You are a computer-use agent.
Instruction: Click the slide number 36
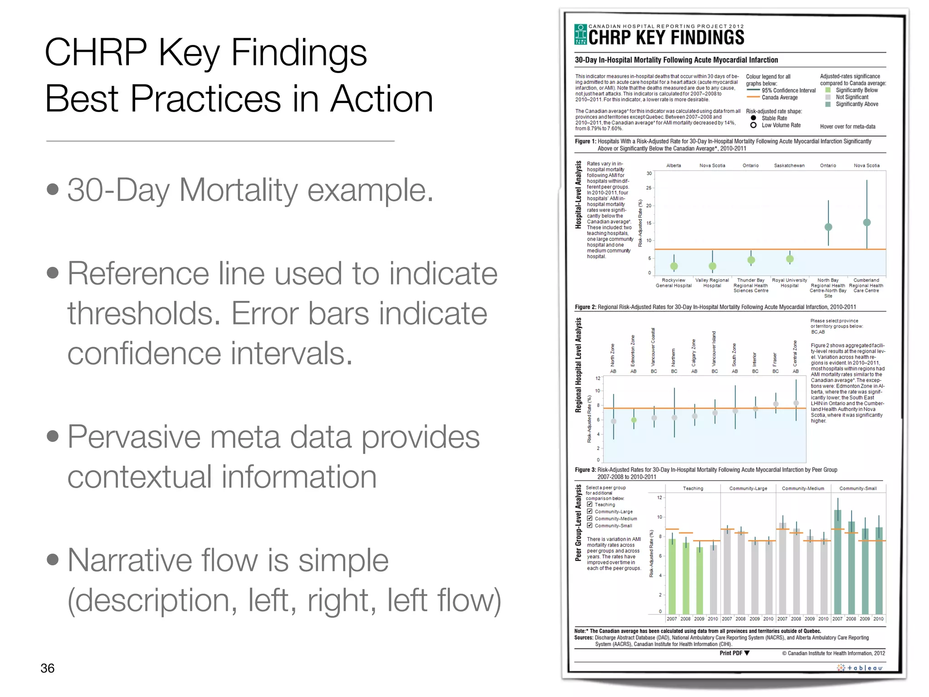(47, 668)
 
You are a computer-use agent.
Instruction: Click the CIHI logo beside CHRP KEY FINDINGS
(580, 34)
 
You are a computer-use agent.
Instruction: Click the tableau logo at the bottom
(860, 668)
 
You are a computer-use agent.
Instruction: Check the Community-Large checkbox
(590, 511)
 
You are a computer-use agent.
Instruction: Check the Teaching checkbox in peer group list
(590, 504)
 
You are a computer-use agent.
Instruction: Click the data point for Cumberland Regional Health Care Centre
(867, 222)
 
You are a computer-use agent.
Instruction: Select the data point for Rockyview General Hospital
(674, 266)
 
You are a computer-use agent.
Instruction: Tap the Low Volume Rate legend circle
(753, 125)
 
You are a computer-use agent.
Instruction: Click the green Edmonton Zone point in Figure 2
(634, 420)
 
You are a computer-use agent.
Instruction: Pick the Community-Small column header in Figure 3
(858, 488)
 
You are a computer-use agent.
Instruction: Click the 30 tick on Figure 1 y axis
(649, 173)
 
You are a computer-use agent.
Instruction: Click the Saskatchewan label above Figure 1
(789, 166)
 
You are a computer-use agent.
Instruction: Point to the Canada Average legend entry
(779, 98)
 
